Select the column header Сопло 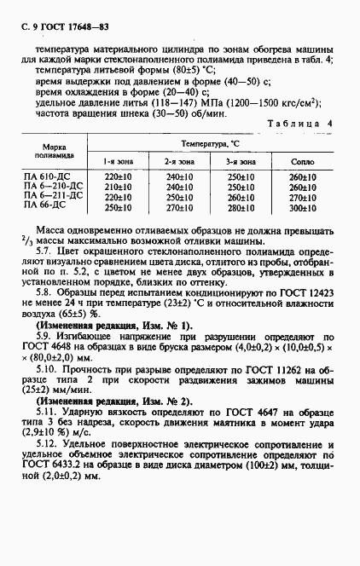[x=302, y=161]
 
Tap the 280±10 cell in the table [x=241, y=206]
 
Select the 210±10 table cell [x=118, y=186]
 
